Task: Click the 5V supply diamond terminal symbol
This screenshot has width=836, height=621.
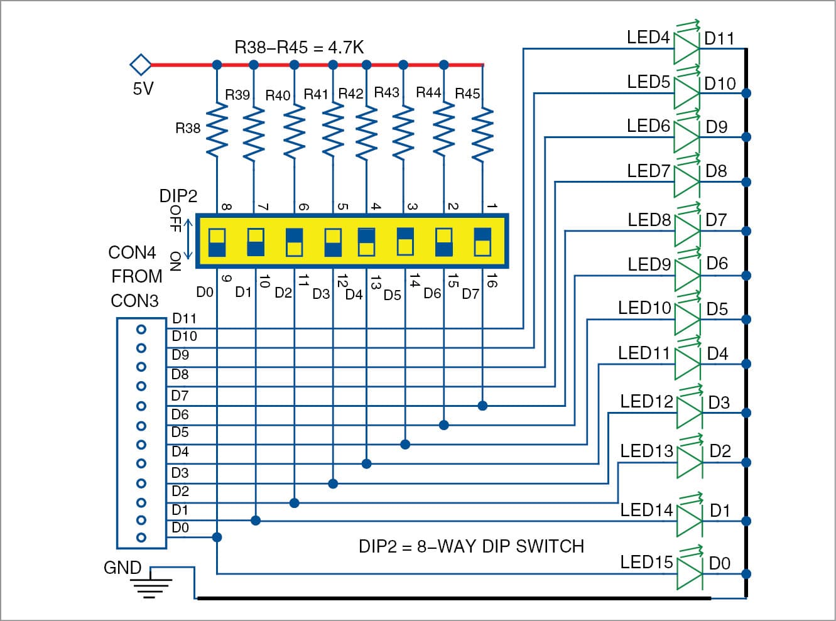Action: pyautogui.click(x=141, y=65)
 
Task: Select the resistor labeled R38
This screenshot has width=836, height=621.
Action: pyautogui.click(x=217, y=130)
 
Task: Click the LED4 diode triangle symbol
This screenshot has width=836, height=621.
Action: pyautogui.click(x=687, y=48)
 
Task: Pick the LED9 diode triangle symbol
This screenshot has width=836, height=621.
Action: pyautogui.click(x=687, y=275)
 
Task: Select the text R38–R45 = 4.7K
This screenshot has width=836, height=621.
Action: pyautogui.click(x=299, y=47)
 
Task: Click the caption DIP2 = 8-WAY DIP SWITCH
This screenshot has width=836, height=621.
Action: pyautogui.click(x=471, y=546)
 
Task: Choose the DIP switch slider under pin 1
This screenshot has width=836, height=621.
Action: pyautogui.click(x=482, y=242)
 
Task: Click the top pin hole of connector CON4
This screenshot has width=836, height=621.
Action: pyautogui.click(x=141, y=329)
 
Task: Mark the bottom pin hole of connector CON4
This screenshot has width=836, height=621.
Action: pyautogui.click(x=141, y=537)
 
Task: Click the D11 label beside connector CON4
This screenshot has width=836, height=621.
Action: pyautogui.click(x=184, y=319)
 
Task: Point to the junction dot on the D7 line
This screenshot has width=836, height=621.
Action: pyautogui.click(x=482, y=406)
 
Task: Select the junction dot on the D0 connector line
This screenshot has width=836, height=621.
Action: pyautogui.click(x=217, y=537)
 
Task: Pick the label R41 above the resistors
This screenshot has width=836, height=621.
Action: pyautogui.click(x=316, y=94)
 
